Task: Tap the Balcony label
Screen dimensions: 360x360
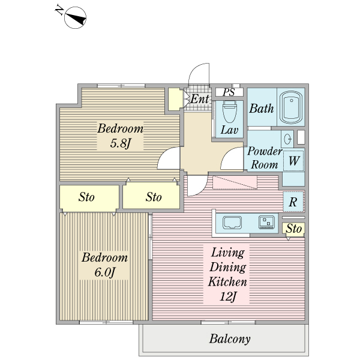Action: point(230,339)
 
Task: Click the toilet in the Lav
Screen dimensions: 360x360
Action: point(229,112)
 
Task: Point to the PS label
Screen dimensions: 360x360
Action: point(229,92)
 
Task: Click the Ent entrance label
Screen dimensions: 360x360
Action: point(200,98)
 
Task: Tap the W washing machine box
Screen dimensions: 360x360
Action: point(293,160)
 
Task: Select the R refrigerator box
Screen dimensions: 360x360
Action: point(293,202)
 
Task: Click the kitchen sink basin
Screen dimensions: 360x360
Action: point(232,223)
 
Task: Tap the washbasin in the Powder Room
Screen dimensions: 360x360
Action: point(287,139)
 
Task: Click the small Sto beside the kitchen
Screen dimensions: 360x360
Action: point(293,229)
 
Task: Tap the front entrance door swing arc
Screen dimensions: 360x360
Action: point(197,75)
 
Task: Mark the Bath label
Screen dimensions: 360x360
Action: point(262,109)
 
